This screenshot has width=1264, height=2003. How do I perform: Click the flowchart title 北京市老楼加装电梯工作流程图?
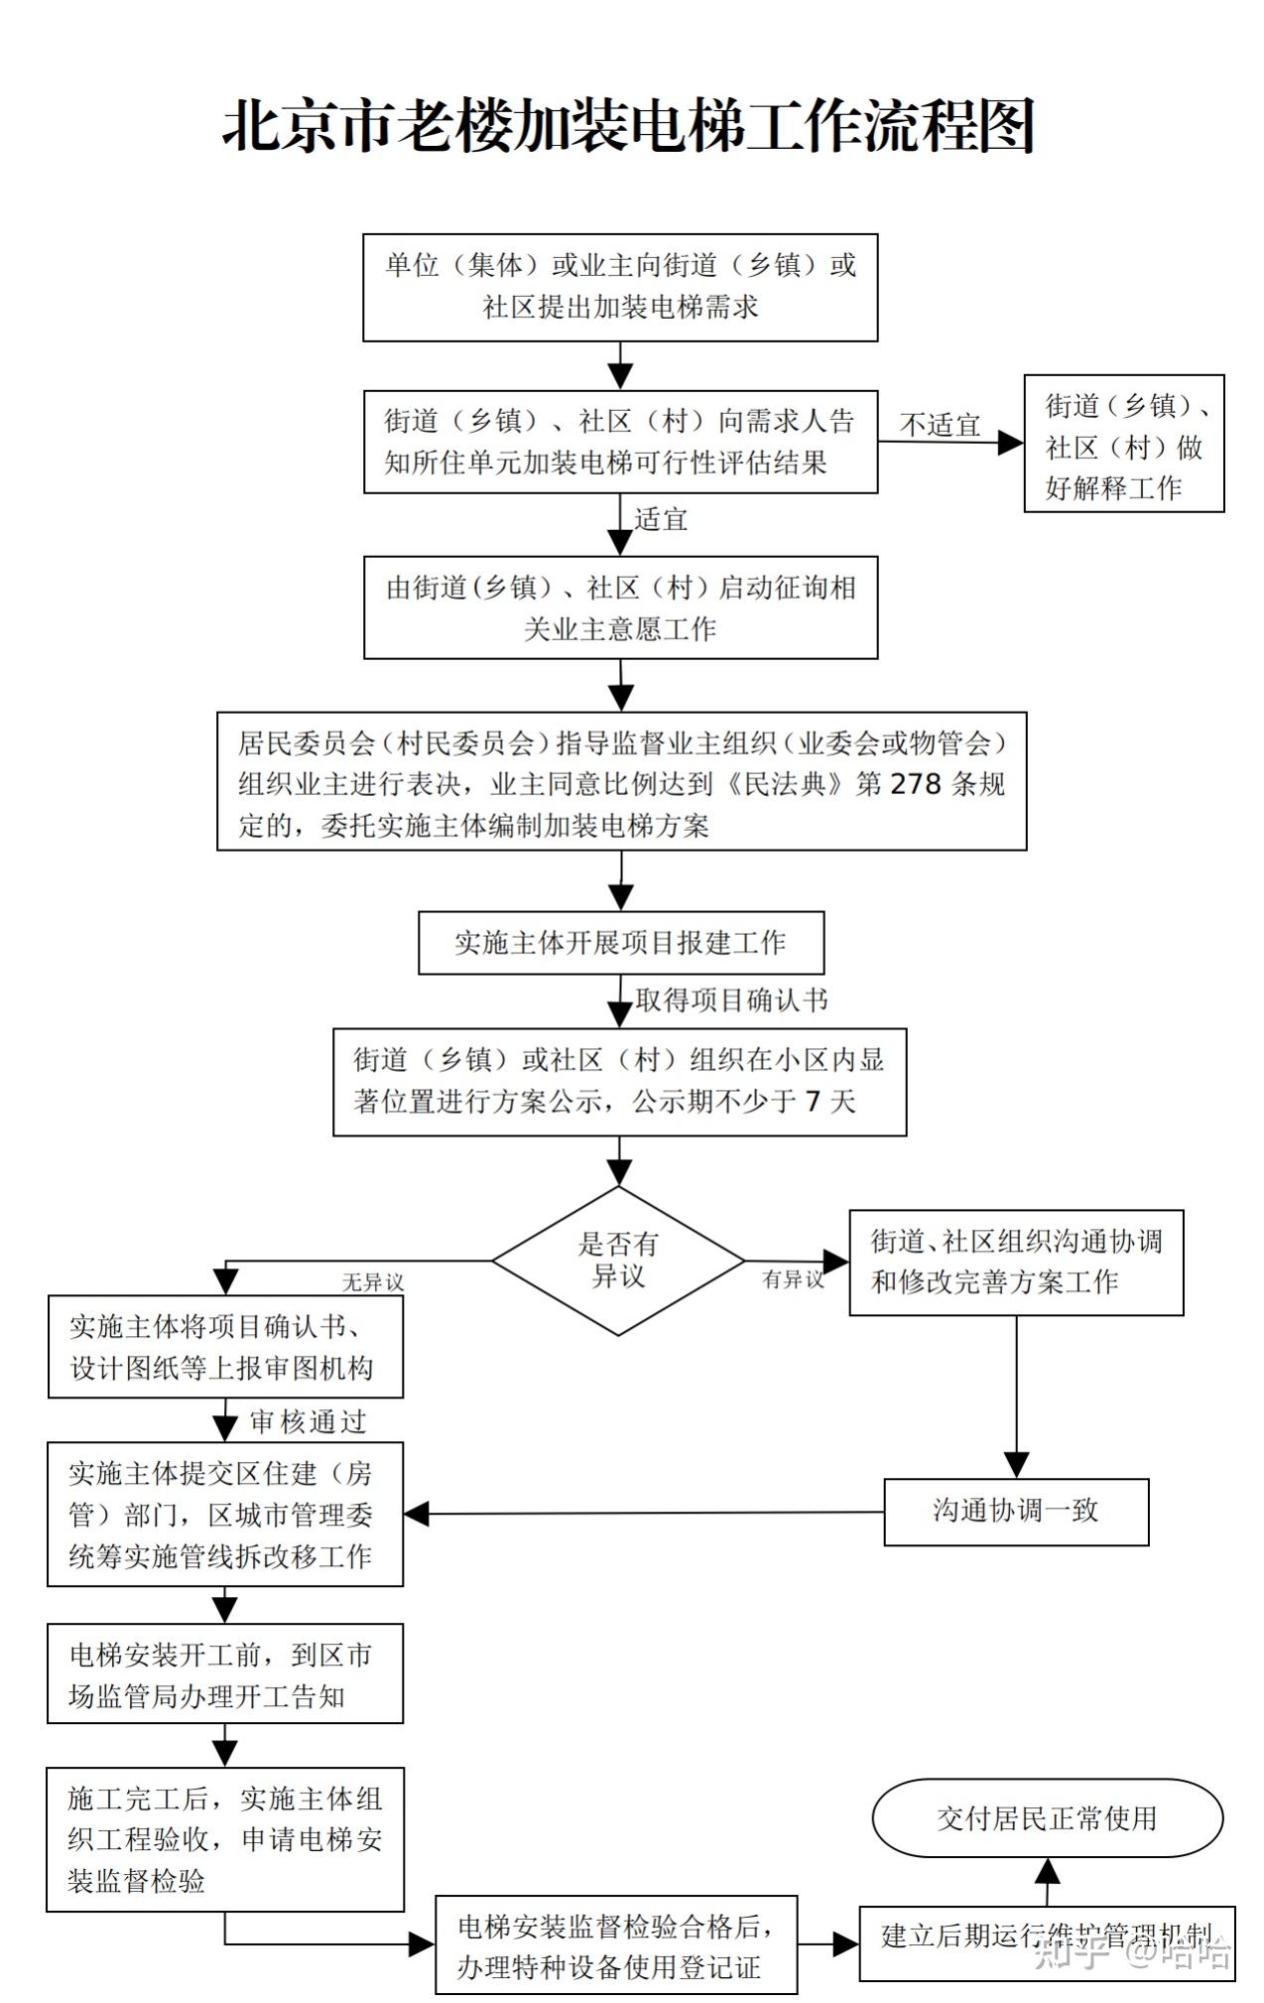point(629,126)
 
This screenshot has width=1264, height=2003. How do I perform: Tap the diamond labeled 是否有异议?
point(618,1261)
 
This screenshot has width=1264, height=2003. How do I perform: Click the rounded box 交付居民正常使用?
point(1047,1817)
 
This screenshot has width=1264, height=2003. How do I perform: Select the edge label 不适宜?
point(940,426)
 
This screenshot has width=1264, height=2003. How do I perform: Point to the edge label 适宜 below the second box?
point(661,519)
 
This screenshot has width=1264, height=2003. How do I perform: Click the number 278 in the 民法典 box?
point(915,784)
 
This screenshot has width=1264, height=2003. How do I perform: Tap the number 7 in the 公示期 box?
point(813,1101)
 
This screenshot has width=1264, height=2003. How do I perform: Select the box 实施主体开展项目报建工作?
point(620,942)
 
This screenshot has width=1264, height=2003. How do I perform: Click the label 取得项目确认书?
point(731,1001)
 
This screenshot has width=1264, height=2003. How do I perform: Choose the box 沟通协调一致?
point(1016,1511)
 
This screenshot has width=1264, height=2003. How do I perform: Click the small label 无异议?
point(373,1282)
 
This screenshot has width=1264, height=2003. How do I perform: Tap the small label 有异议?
point(793,1279)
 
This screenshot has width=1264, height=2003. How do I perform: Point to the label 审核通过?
point(308,1421)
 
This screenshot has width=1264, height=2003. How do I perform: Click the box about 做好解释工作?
point(1123,444)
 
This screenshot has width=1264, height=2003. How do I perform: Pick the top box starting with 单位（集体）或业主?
point(620,287)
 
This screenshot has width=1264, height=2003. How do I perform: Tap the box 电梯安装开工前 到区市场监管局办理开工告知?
point(225,1674)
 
